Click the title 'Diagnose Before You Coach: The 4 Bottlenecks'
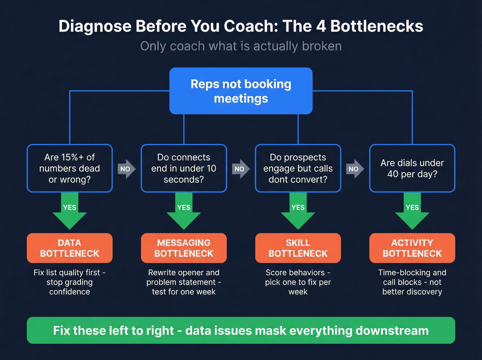click(241, 27)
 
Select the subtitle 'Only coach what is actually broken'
click(241, 46)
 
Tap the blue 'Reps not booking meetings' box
click(241, 91)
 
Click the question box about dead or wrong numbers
click(70, 168)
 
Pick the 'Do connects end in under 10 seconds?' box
click(184, 168)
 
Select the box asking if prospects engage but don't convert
click(298, 168)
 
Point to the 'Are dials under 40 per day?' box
click(412, 168)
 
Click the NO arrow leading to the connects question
click(126, 169)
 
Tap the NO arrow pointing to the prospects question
click(240, 169)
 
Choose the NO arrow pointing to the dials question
click(355, 169)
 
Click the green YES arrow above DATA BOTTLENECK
click(70, 210)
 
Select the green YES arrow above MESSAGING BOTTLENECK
click(184, 210)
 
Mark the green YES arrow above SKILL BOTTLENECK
click(298, 210)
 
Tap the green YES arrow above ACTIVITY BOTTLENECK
click(412, 210)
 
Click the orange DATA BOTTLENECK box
click(70, 248)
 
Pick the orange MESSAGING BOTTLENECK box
click(184, 248)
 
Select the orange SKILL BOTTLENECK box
click(298, 248)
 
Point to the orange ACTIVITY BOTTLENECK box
click(412, 248)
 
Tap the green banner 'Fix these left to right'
click(241, 330)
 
